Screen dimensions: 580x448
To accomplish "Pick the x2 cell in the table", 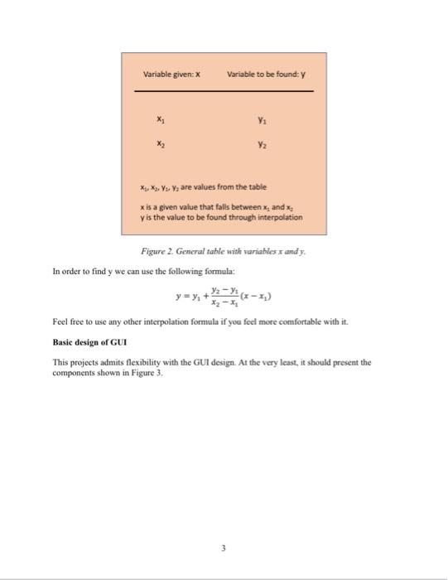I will click(x=160, y=143).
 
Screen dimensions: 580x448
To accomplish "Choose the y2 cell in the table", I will click(x=263, y=143).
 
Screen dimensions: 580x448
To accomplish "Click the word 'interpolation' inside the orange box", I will click(x=277, y=217).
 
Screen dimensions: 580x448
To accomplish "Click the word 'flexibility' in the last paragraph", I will click(x=137, y=362).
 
